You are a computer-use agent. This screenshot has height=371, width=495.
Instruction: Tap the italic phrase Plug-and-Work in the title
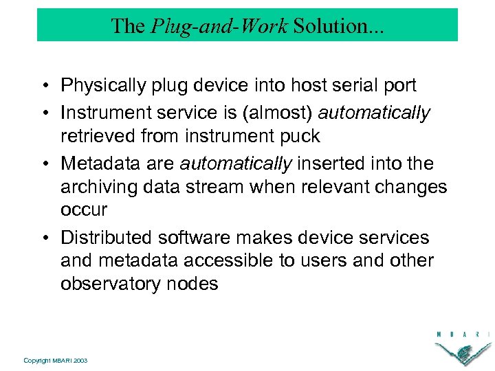218,26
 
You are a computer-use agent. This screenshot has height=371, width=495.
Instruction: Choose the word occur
84,210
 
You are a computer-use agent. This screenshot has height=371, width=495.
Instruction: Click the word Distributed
107,238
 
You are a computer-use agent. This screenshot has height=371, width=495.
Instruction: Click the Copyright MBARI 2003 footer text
55,361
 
